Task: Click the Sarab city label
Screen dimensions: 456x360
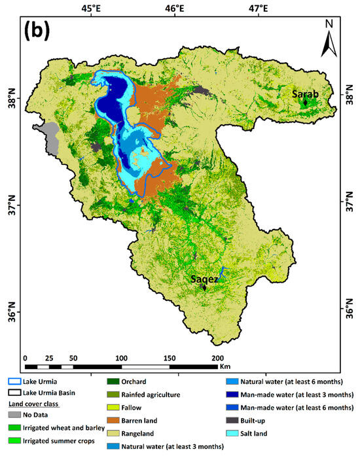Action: point(305,95)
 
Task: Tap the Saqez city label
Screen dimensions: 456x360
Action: point(204,279)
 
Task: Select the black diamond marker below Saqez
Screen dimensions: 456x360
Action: point(204,287)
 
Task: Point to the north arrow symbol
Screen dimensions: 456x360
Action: point(329,39)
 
